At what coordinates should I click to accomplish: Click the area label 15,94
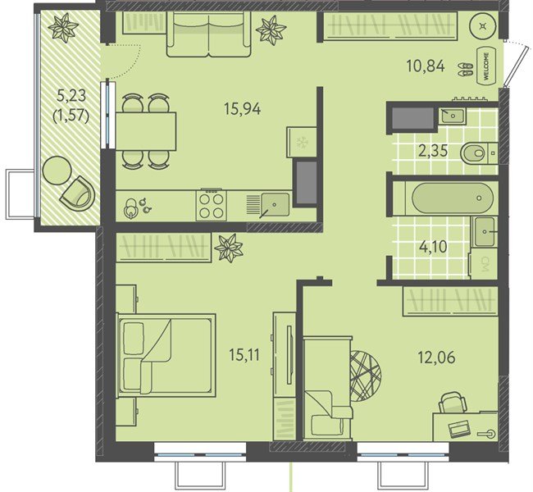pos(243,109)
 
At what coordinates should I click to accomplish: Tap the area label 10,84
pos(426,66)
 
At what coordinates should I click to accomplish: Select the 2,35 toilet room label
pos(433,151)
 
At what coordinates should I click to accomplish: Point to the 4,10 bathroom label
pos(433,247)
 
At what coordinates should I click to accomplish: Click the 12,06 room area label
pos(436,358)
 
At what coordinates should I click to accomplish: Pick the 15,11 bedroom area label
pos(244,355)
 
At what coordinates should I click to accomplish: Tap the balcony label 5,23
pos(71,96)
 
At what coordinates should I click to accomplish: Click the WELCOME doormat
pos(486,66)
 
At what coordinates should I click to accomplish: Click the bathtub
pos(453,198)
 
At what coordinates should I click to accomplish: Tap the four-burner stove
pos(211,205)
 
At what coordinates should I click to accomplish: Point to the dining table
pos(146,131)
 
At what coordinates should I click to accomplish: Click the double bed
pos(166,355)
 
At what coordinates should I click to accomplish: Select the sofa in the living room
pos(208,34)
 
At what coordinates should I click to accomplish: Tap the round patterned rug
pos(366,376)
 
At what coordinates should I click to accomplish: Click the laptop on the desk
pos(459,429)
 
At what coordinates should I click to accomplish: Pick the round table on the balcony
pos(57,170)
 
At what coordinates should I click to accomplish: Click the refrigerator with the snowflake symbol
pos(302,142)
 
